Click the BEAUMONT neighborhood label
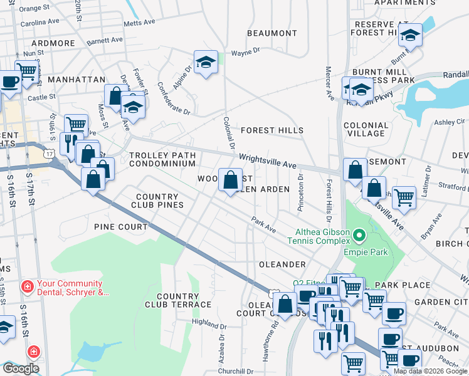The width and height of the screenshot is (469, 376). (271, 33)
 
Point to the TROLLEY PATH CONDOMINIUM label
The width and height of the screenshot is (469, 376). (162, 159)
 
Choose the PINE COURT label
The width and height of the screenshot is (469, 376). (120, 226)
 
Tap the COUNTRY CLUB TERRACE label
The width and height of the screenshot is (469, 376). (178, 300)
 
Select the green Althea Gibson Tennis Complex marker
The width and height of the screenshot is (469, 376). (359, 236)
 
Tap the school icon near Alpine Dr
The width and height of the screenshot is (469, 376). (206, 63)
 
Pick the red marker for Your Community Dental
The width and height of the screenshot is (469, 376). (27, 287)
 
